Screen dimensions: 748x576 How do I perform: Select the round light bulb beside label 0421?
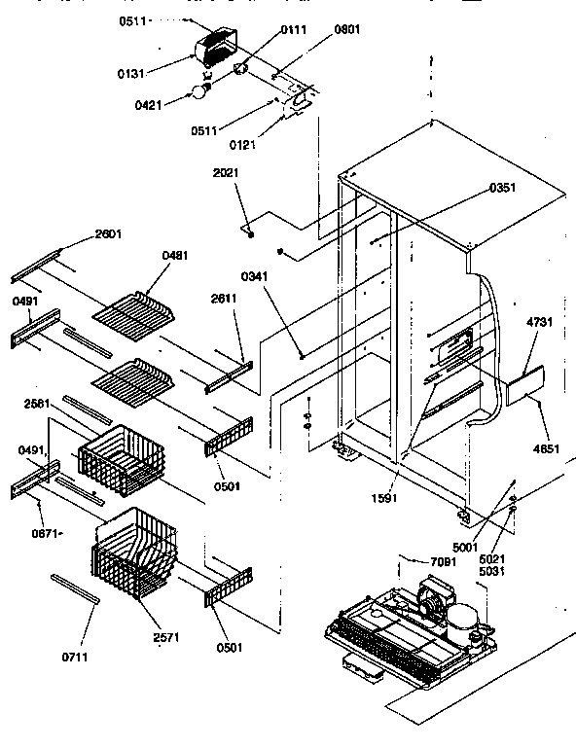click(x=200, y=92)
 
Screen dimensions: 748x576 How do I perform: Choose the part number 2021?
click(x=226, y=172)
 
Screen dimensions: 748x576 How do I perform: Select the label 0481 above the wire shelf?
click(x=175, y=256)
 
